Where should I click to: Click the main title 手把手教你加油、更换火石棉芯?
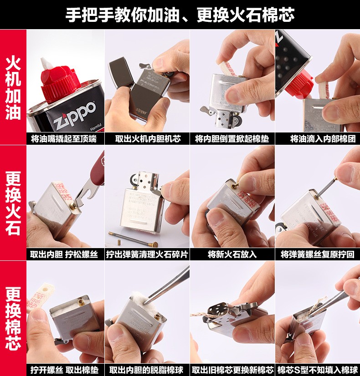[x=180, y=15]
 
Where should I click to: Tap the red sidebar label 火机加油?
[x=13, y=88]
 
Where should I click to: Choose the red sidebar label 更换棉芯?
[x=13, y=318]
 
